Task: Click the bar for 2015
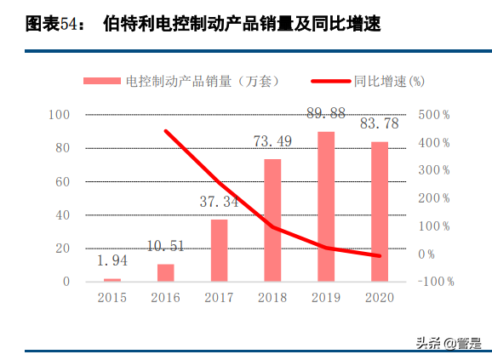tap(112, 279)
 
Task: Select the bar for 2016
tap(165, 272)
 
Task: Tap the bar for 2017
tap(219, 250)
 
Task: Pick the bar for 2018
tap(272, 220)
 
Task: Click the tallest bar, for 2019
tap(326, 206)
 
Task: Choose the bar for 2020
tap(379, 211)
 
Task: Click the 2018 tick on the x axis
tap(272, 298)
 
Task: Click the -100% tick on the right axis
tap(436, 282)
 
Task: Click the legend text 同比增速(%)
tap(388, 81)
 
